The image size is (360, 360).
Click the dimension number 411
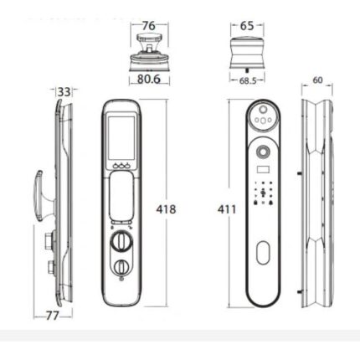(226, 209)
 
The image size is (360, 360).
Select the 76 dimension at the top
(149, 26)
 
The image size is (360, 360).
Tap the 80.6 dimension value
(148, 80)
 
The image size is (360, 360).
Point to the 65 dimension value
(246, 26)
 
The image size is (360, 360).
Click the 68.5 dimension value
(247, 80)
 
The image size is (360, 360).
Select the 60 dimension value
(317, 80)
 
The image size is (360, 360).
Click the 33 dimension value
(64, 91)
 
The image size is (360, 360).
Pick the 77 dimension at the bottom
(52, 316)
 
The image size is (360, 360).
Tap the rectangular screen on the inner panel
(122, 136)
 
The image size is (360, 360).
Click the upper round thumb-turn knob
(122, 243)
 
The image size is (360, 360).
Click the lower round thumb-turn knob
(122, 268)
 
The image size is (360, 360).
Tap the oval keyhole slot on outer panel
(263, 252)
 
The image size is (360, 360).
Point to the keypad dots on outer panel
(263, 196)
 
